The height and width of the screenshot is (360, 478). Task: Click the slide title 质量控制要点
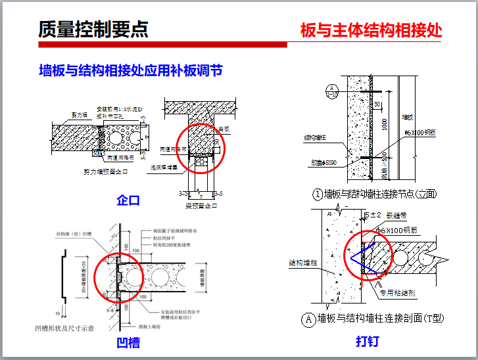click(x=93, y=30)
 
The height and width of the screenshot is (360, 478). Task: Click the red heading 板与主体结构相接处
click(x=371, y=30)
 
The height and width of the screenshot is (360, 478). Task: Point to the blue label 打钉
click(x=367, y=342)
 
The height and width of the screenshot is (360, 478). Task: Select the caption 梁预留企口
click(x=201, y=206)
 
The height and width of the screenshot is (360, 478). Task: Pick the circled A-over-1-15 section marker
click(x=332, y=90)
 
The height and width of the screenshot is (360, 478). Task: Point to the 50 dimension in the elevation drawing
click(x=377, y=103)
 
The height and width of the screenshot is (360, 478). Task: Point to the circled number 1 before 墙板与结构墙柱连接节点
click(x=318, y=194)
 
